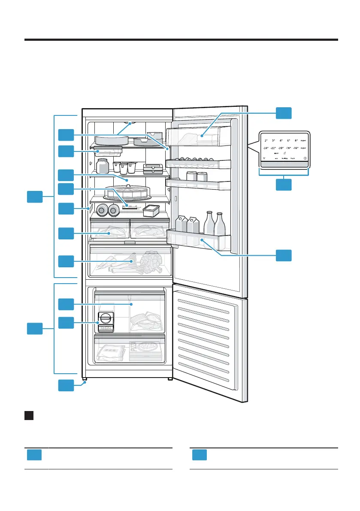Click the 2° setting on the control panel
(x=266, y=140)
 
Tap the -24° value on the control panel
(x=266, y=148)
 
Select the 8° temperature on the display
(x=296, y=140)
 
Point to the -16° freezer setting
(x=296, y=148)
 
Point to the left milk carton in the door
(x=181, y=225)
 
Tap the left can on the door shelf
(x=191, y=176)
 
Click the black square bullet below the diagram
(x=29, y=416)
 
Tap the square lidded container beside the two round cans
(x=151, y=211)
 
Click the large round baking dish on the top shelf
(x=112, y=139)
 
